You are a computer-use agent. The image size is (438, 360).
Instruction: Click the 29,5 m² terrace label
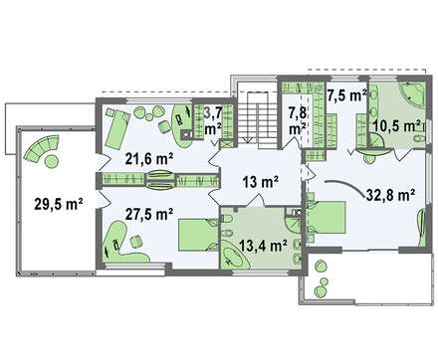coord(59,204)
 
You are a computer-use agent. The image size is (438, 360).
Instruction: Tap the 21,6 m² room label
coord(149,159)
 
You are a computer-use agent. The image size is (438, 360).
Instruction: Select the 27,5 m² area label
coord(149,214)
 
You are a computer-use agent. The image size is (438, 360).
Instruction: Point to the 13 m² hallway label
coord(260,182)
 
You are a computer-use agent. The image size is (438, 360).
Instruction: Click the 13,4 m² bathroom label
coord(263,246)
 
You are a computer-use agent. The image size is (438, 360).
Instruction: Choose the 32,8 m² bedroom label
coord(391,195)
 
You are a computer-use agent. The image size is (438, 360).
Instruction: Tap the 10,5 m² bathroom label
coord(396,126)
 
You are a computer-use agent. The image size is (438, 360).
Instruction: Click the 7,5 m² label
coord(346,95)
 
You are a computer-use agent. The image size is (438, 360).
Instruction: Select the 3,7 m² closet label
coord(213,121)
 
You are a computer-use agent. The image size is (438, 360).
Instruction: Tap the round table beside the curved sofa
coord(52,162)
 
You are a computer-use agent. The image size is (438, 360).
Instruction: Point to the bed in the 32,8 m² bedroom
coord(327,217)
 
